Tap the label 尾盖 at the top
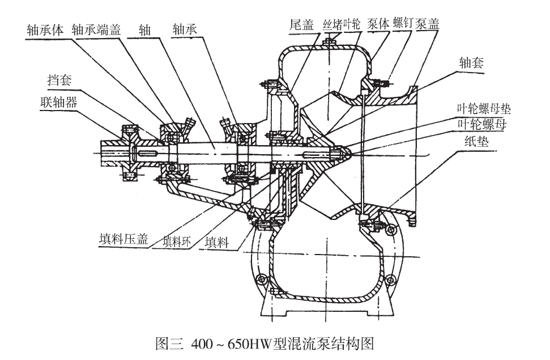[300, 24]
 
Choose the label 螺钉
[402, 24]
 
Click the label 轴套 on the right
[471, 63]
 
